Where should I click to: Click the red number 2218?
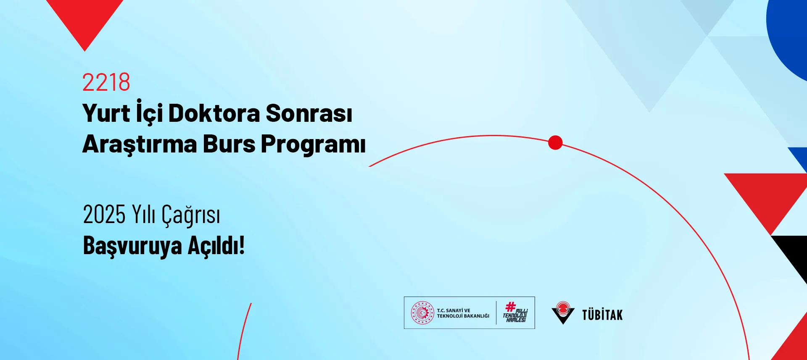[x=106, y=82]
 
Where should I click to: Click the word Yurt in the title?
[x=106, y=113]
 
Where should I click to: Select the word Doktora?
[x=214, y=113]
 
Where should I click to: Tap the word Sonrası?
[x=309, y=113]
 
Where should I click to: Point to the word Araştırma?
[x=140, y=144]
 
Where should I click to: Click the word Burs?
[x=229, y=144]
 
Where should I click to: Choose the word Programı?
[x=313, y=145]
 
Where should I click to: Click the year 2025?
[x=104, y=215]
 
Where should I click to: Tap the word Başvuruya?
[x=132, y=246]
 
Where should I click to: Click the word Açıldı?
[x=216, y=245]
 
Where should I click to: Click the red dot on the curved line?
[x=555, y=143]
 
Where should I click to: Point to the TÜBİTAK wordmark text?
[x=602, y=315]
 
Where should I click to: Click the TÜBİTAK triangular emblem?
[x=563, y=313]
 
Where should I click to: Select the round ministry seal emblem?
[x=422, y=313]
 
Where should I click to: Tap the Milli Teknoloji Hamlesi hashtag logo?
[x=515, y=313]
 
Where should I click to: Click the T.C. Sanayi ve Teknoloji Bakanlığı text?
[x=463, y=313]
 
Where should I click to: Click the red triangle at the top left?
[x=85, y=19]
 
